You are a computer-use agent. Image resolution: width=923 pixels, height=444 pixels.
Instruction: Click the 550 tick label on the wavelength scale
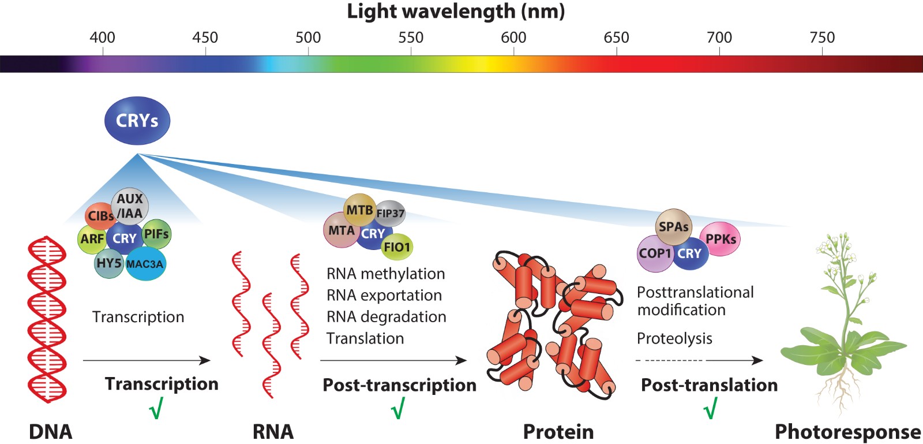pyautogui.click(x=411, y=38)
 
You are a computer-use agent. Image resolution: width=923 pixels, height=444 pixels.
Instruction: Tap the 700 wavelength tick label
pyautogui.click(x=719, y=38)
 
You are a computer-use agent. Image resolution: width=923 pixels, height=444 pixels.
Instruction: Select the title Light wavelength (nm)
pyautogui.click(x=456, y=12)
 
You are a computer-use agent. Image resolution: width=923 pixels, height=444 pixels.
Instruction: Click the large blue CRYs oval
pyautogui.click(x=137, y=121)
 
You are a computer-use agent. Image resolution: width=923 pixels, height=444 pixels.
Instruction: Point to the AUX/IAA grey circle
pyautogui.click(x=130, y=206)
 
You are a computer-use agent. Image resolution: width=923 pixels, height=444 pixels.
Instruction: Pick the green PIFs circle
pyautogui.click(x=156, y=234)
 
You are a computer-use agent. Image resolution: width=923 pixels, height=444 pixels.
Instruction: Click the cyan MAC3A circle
pyautogui.click(x=145, y=264)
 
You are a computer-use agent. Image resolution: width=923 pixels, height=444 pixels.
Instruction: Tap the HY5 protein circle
pyautogui.click(x=108, y=264)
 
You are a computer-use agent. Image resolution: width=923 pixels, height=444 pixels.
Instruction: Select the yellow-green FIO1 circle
pyautogui.click(x=397, y=247)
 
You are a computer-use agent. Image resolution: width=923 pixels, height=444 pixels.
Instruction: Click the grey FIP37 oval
pyautogui.click(x=391, y=214)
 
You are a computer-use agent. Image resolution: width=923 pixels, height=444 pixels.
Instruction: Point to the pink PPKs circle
pyautogui.click(x=721, y=239)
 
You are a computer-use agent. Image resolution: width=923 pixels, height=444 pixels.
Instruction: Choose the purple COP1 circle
pyautogui.click(x=655, y=253)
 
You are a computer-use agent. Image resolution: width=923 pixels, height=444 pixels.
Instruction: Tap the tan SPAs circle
pyautogui.click(x=673, y=227)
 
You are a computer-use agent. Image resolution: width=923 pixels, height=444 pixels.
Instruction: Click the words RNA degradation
pyautogui.click(x=386, y=317)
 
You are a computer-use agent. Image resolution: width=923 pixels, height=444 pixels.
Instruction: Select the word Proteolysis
pyautogui.click(x=674, y=338)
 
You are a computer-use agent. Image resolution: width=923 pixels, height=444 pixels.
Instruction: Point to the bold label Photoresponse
pyautogui.click(x=847, y=432)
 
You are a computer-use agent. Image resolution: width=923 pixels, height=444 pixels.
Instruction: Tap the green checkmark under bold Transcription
pyautogui.click(x=156, y=409)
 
